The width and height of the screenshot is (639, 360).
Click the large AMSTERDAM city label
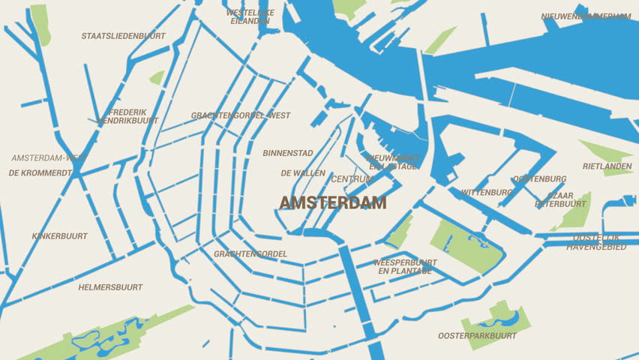click(333, 202)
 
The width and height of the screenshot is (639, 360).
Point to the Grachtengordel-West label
click(241, 115)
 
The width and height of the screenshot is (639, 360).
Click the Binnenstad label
click(288, 153)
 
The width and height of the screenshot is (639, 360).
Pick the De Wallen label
click(303, 173)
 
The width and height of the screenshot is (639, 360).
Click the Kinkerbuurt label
click(60, 236)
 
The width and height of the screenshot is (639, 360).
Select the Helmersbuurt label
click(110, 287)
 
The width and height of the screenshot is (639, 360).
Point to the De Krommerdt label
click(40, 172)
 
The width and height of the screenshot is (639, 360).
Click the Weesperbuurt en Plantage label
click(405, 266)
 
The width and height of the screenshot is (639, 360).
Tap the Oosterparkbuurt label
click(478, 336)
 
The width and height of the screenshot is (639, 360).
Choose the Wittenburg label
click(487, 193)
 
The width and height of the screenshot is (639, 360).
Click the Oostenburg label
click(539, 179)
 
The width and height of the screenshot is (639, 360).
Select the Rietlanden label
click(607, 166)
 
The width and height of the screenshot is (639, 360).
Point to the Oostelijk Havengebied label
click(596, 242)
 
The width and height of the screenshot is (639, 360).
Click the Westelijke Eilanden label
click(250, 16)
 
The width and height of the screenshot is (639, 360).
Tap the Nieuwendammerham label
click(586, 16)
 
